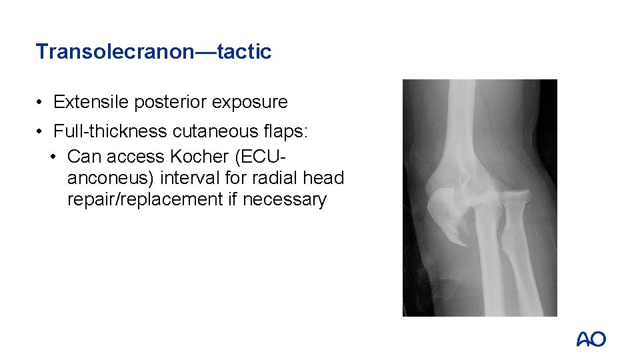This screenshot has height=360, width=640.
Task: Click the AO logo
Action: pos(591,339)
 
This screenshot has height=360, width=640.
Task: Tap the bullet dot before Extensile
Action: pos(41,103)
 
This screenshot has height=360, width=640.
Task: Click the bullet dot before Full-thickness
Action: pos(41,131)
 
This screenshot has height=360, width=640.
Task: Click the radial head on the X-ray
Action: pos(513,198)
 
